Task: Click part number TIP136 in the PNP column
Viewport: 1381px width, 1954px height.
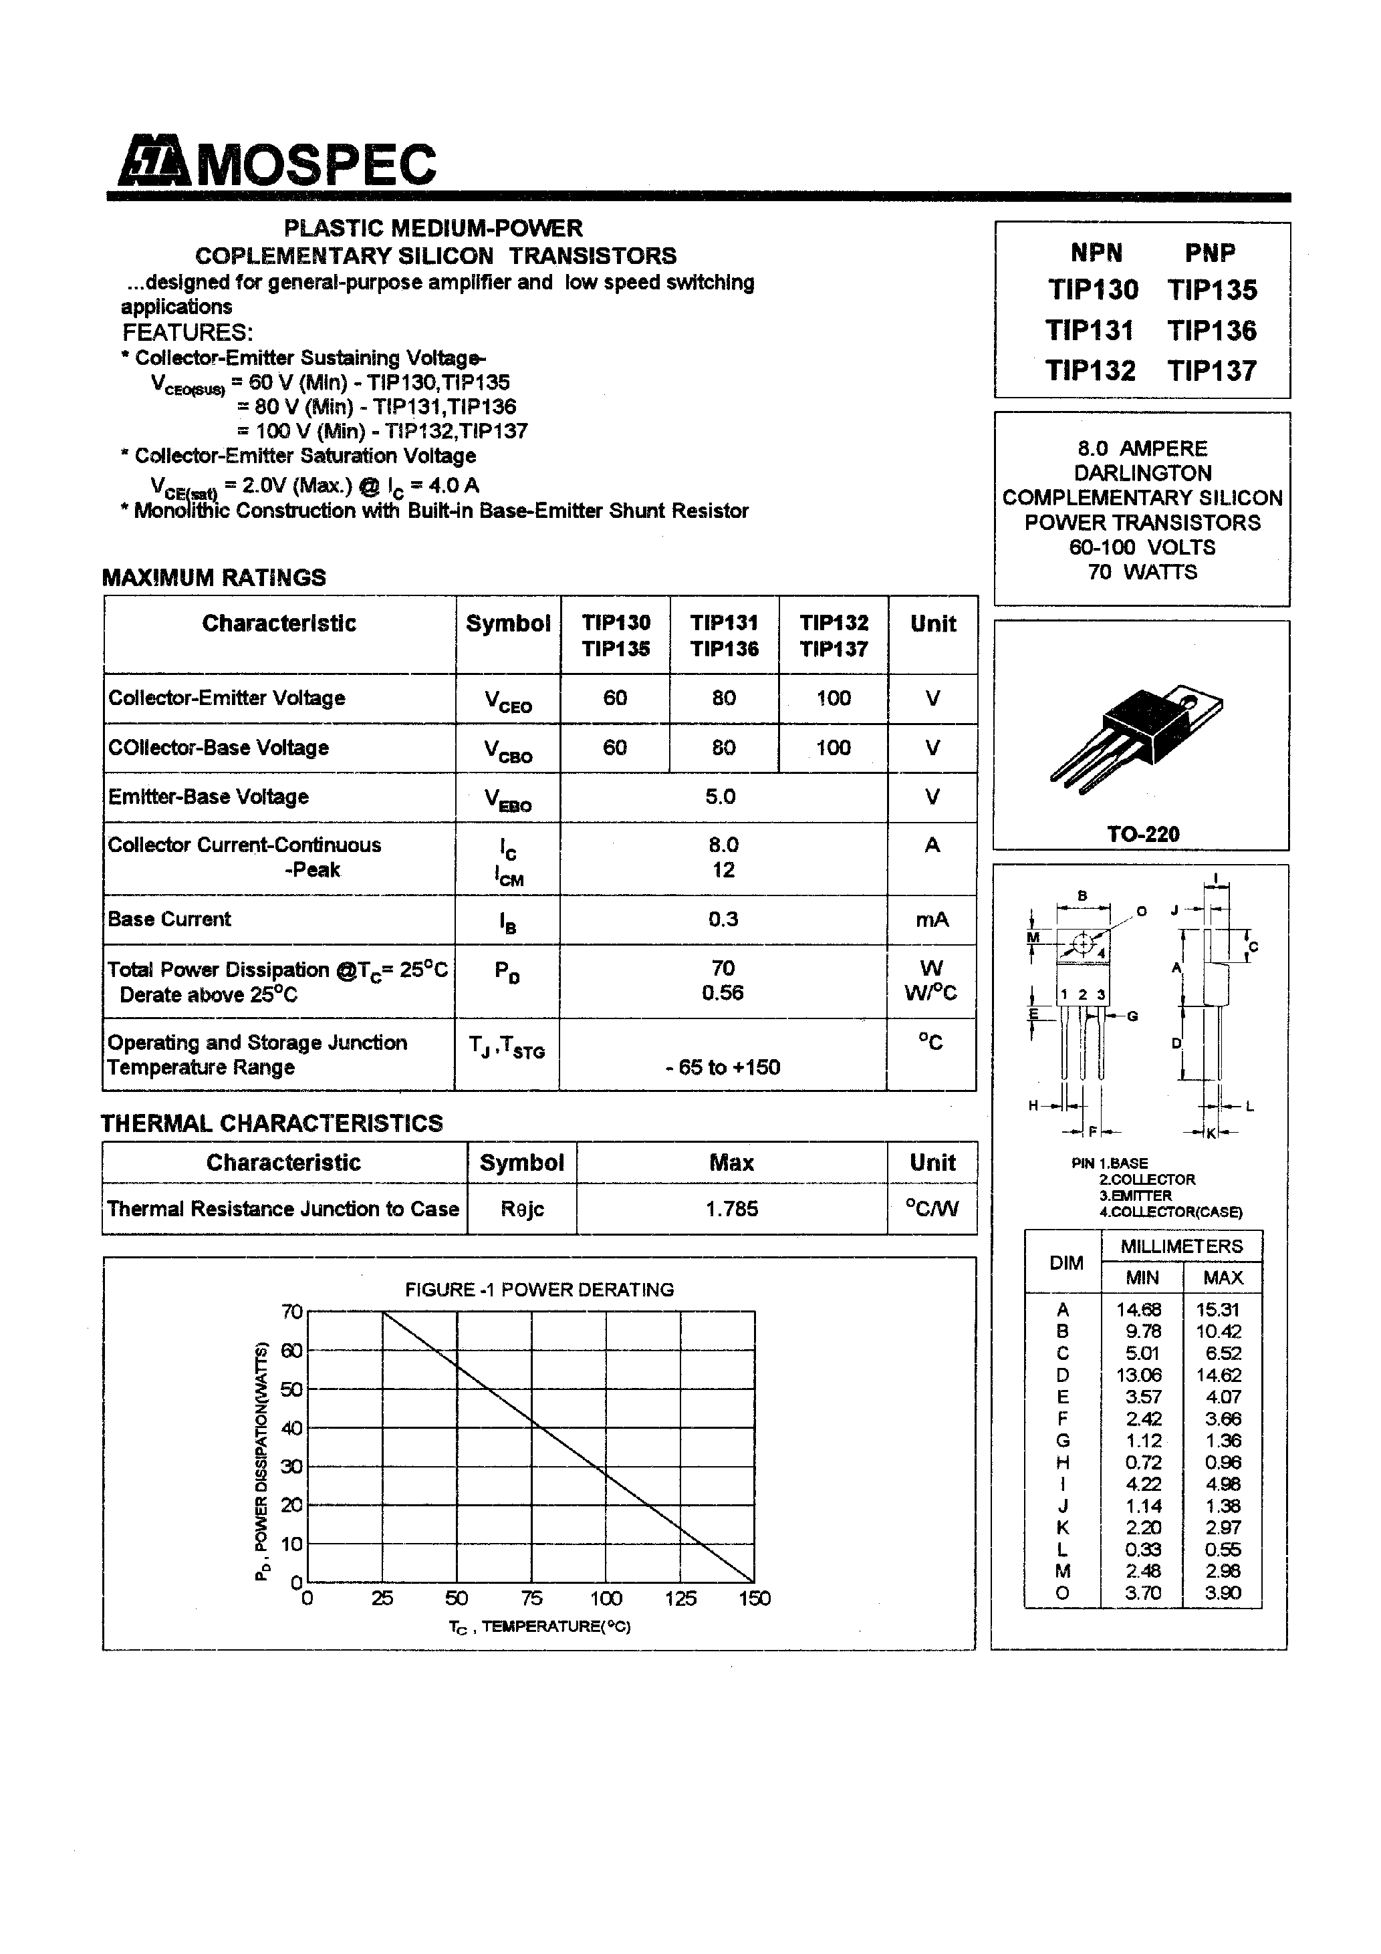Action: (1212, 330)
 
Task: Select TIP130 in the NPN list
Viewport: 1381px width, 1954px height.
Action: (1092, 290)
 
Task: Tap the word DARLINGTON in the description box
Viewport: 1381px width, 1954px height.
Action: (1142, 473)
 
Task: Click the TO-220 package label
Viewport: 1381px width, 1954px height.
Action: (1142, 834)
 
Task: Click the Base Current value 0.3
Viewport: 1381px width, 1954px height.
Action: (723, 919)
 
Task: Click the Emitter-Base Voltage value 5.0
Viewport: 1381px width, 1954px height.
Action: (721, 797)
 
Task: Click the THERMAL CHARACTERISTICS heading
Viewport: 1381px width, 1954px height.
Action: (271, 1123)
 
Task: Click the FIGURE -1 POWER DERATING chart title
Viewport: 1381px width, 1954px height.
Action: (539, 1289)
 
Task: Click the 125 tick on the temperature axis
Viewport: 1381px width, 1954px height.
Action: (680, 1599)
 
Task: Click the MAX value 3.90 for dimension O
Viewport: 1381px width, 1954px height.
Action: (1223, 1593)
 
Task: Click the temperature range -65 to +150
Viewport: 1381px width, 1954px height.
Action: (723, 1068)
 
